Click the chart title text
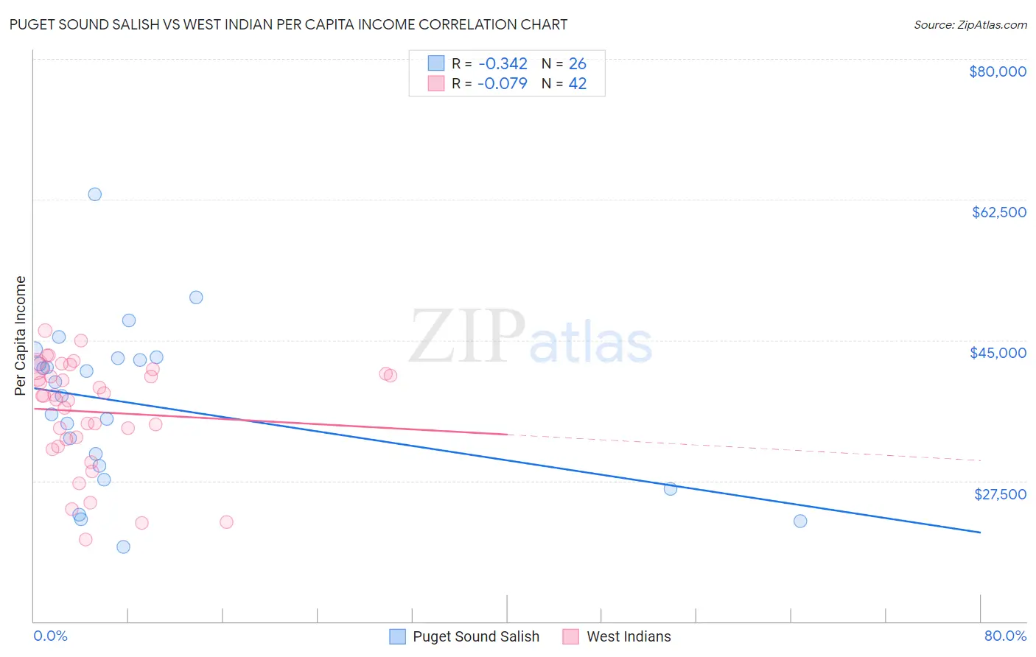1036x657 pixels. coord(288,24)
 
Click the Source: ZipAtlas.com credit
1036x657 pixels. coord(970,24)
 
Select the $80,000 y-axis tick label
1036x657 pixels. coord(997,71)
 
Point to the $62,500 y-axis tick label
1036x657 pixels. coord(998,212)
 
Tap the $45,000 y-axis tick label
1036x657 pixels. coord(998,353)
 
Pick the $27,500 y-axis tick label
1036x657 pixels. coord(999,493)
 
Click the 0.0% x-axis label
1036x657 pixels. coord(50,636)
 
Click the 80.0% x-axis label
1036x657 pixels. coord(1005,636)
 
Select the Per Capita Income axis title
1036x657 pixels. coord(21,336)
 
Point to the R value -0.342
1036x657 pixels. coord(503,64)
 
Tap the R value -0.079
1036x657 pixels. coord(503,84)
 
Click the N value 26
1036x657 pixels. coord(578,64)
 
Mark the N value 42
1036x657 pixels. coord(578,84)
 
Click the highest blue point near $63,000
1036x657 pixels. coord(95,194)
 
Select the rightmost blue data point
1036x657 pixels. coord(800,521)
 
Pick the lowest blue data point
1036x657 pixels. coord(123,547)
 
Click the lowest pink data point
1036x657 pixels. coord(85,539)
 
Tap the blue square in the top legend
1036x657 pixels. coord(436,63)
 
